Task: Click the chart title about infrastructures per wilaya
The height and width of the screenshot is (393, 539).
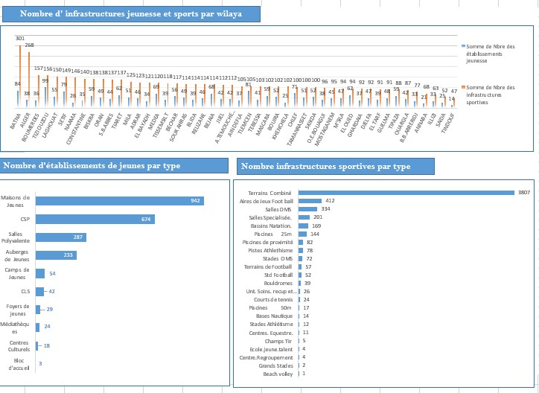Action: (x=130, y=14)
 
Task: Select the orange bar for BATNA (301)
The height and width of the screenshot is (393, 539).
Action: (x=20, y=74)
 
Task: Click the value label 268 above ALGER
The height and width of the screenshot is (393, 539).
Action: (x=29, y=45)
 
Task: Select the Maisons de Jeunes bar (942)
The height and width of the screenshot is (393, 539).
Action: (x=119, y=201)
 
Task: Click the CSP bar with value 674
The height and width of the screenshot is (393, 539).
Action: (x=95, y=219)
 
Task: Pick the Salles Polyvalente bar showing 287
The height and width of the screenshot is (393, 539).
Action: (x=61, y=237)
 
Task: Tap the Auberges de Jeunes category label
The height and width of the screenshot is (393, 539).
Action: (x=16, y=255)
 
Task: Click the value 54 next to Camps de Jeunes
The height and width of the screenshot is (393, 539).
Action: (x=52, y=274)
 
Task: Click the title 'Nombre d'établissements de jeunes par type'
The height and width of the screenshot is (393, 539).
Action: (x=90, y=165)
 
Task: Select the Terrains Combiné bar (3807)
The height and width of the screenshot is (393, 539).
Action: (x=406, y=192)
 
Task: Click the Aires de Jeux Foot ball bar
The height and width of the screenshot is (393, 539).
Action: (x=310, y=201)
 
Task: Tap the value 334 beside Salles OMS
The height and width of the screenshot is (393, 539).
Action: (x=325, y=209)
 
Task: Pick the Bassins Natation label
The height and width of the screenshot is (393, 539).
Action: (x=270, y=226)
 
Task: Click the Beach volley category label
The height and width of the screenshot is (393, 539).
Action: (x=279, y=374)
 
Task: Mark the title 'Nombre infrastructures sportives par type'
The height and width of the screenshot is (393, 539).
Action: (x=326, y=166)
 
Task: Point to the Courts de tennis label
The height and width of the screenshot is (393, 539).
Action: (x=275, y=299)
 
